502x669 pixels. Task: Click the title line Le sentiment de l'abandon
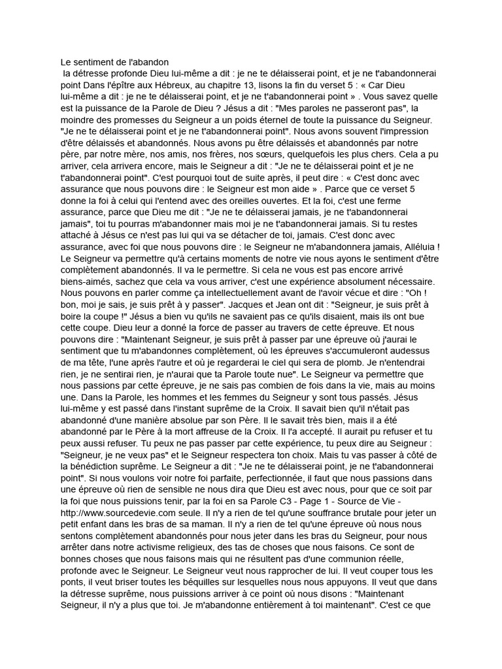coord(114,63)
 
